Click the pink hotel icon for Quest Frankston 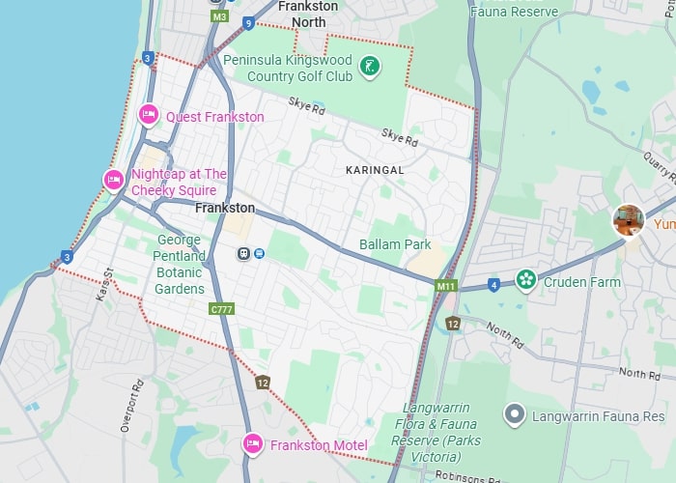coord(149,115)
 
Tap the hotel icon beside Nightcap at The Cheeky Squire coord(113,180)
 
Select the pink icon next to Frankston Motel coord(252,444)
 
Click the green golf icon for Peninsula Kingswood coord(368,67)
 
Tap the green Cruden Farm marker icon coord(525,280)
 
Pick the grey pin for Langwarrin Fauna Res coord(515,415)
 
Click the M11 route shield coord(445,285)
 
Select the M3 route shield coord(219,16)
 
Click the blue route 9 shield coord(249,22)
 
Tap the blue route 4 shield coord(493,285)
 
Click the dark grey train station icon coord(244,253)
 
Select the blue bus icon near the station coord(260,253)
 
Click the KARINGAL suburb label coord(374,169)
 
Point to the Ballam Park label coord(395,244)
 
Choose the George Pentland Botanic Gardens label coord(180,264)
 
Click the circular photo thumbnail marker coord(629,220)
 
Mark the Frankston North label coord(308,14)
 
